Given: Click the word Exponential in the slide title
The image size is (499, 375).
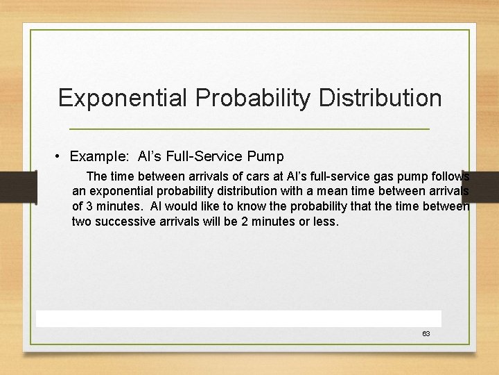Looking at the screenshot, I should coord(123,98).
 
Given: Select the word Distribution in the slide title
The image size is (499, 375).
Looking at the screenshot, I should coord(380,98).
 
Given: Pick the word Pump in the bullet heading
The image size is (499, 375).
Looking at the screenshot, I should coord(265,157).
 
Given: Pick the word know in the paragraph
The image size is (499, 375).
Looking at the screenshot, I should coord(251,206).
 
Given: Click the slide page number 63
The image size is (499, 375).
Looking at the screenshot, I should coord(426,334).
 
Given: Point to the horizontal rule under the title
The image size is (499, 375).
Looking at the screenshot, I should coord(249,129).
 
